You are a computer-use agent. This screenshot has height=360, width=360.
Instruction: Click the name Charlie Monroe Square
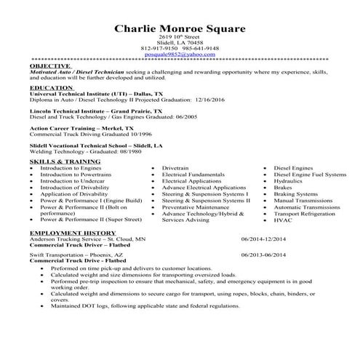point(180,28)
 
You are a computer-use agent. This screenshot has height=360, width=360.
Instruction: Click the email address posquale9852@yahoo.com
point(180,54)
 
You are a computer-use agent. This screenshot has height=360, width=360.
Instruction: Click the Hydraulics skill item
point(288,181)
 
